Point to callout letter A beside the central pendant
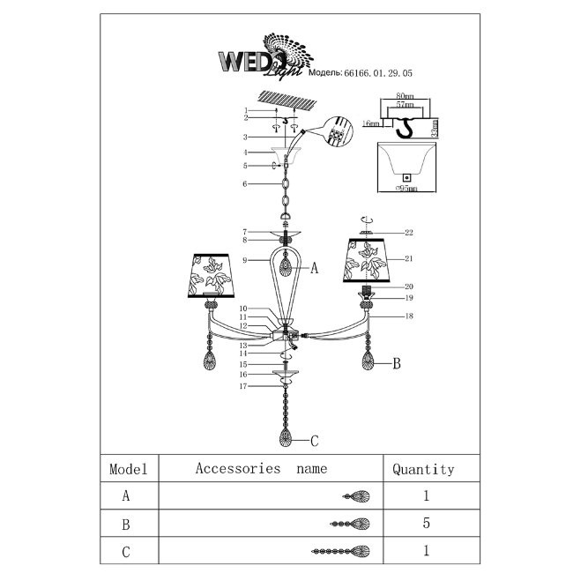314,270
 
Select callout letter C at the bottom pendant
314,439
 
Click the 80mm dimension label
405,95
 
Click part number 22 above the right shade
409,233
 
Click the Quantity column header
423,470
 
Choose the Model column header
128,470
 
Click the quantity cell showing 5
426,525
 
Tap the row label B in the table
128,525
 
